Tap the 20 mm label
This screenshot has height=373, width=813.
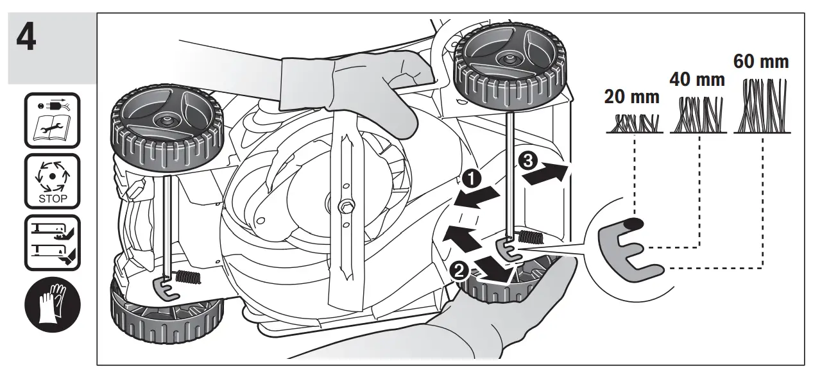[631, 97]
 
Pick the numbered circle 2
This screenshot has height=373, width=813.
[458, 270]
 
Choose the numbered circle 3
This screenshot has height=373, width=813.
[527, 161]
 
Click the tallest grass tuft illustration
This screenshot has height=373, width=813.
[762, 105]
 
